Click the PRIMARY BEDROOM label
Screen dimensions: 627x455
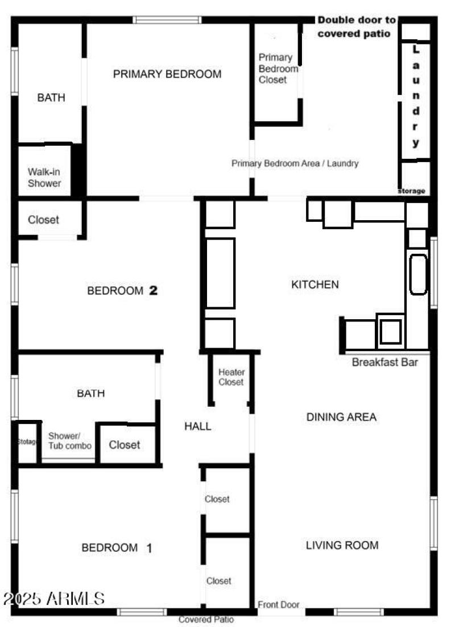(x=167, y=74)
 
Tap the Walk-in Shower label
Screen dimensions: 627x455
(x=44, y=178)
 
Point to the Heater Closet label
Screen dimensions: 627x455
(x=231, y=377)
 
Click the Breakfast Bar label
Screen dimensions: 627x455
(x=385, y=362)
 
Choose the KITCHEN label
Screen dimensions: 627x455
(x=315, y=284)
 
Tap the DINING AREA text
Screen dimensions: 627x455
(x=341, y=417)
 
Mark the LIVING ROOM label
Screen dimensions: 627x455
(x=342, y=545)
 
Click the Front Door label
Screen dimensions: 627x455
(x=279, y=605)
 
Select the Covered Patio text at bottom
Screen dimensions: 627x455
(x=206, y=620)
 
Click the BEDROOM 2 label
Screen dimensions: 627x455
(x=122, y=291)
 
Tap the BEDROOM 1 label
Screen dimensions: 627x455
(x=117, y=548)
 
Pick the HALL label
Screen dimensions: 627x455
(x=198, y=426)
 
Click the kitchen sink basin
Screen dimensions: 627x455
(x=418, y=274)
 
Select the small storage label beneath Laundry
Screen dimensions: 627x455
(x=411, y=191)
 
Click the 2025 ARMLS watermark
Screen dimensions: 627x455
(x=54, y=598)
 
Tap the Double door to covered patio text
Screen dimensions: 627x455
(x=357, y=27)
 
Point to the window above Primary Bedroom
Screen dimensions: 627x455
(x=167, y=20)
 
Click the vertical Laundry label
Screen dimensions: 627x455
(x=416, y=97)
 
